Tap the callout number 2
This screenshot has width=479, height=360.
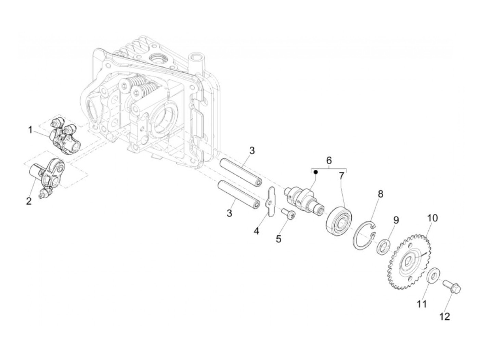pos(29,201)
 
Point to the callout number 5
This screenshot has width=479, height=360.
pos(279,239)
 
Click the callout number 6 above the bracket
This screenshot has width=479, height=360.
pos(329,160)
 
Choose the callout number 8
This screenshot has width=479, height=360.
pos(380,194)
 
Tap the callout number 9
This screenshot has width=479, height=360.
pos(396,220)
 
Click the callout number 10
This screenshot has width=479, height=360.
pos(432,218)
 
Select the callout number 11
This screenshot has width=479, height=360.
pos(422,304)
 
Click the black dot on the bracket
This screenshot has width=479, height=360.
pos(316,172)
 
